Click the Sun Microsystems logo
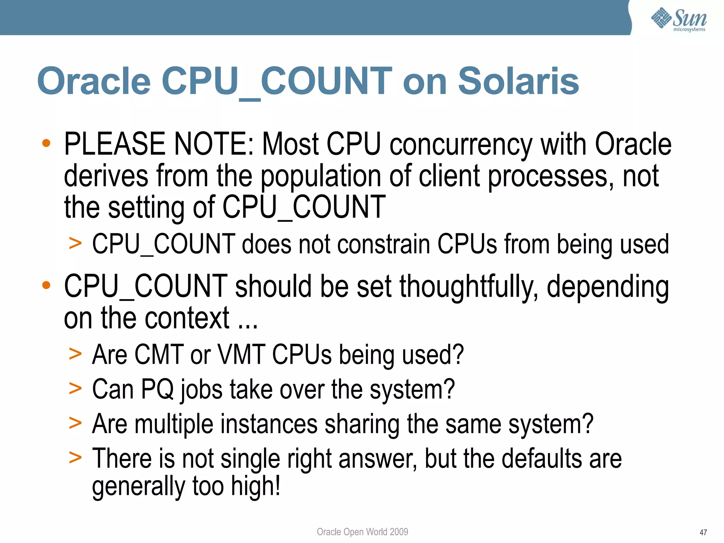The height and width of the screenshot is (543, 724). [x=679, y=19]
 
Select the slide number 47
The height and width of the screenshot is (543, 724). [x=703, y=532]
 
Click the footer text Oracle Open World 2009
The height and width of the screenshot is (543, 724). [x=362, y=532]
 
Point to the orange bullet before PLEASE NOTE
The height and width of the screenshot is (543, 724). [x=46, y=143]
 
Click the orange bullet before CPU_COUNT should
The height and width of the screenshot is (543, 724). [x=46, y=285]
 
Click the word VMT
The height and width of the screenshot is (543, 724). [x=241, y=354]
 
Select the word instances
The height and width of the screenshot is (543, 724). [x=269, y=424]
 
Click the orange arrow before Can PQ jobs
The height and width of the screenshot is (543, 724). [x=75, y=389]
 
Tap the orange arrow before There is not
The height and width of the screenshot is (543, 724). [x=75, y=457]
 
